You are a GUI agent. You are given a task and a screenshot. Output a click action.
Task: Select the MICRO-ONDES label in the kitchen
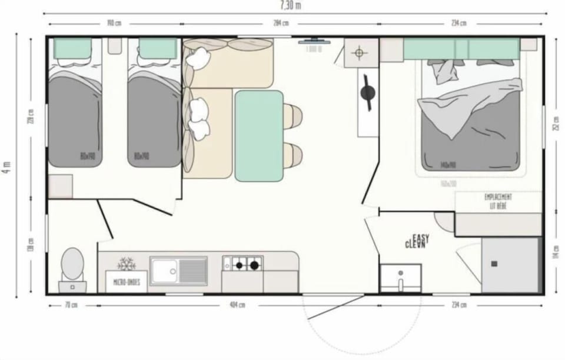[126, 282]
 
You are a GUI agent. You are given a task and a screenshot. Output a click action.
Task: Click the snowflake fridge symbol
[126, 264]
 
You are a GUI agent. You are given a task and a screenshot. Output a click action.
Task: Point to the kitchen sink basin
[164, 271]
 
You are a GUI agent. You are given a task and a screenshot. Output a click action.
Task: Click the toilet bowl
[73, 264]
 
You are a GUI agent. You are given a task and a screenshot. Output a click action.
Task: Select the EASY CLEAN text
[417, 241]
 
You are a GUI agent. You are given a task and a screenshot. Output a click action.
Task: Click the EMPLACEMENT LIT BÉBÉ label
[498, 201]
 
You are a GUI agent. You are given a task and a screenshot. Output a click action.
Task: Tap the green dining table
[259, 136]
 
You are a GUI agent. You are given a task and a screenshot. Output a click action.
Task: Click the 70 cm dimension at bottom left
[72, 305]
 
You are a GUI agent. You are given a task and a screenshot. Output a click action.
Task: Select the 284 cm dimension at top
[281, 24]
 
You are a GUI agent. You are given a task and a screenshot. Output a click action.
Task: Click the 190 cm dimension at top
[114, 24]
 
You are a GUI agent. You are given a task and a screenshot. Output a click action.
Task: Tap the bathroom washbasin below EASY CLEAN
[400, 277]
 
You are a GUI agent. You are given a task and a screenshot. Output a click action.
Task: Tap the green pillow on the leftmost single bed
[73, 48]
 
